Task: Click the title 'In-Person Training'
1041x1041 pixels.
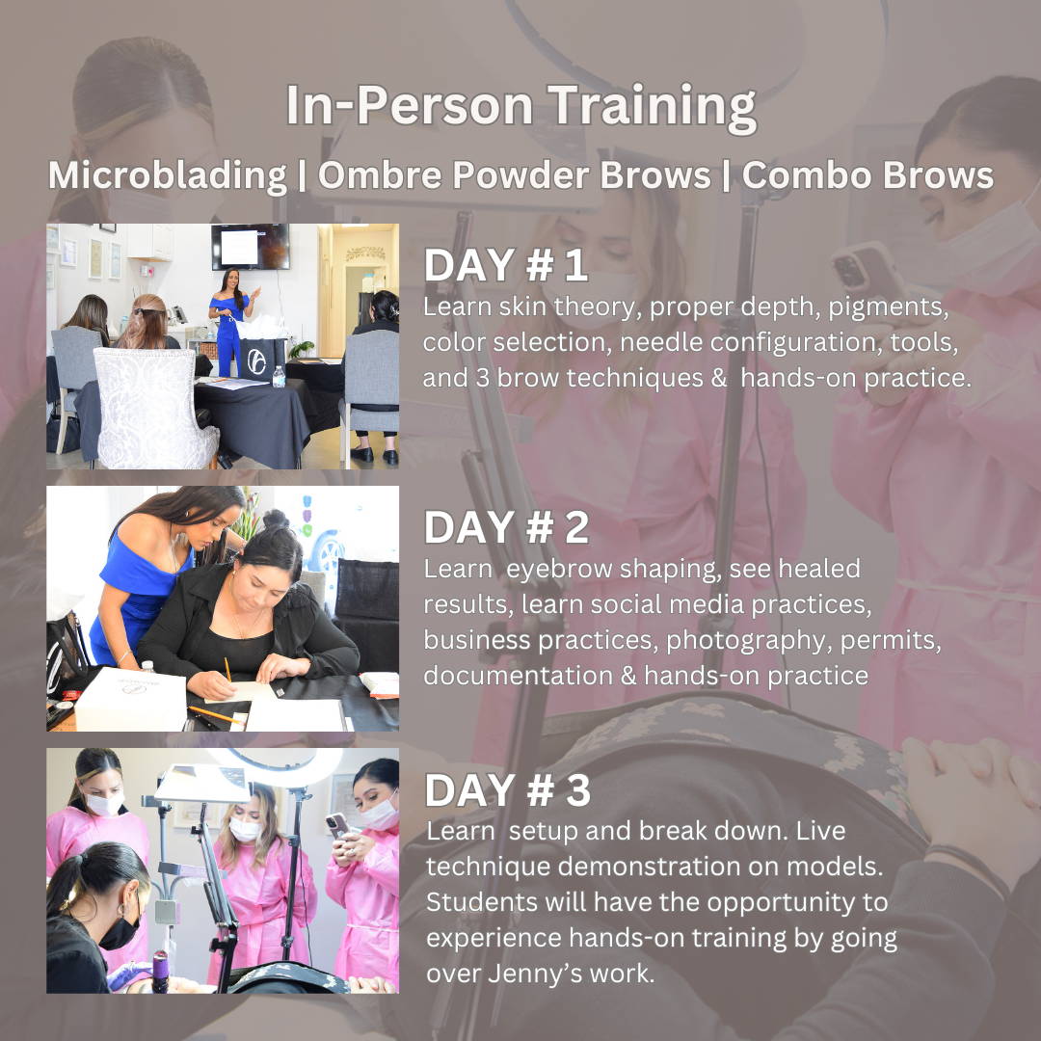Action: pyautogui.click(x=520, y=108)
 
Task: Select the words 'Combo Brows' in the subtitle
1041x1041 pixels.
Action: pyautogui.click(x=867, y=175)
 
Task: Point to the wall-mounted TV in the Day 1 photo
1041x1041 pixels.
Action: pyautogui.click(x=251, y=247)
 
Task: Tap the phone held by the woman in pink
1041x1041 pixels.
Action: pyautogui.click(x=337, y=824)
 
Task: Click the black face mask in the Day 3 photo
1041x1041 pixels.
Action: pyautogui.click(x=120, y=930)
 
